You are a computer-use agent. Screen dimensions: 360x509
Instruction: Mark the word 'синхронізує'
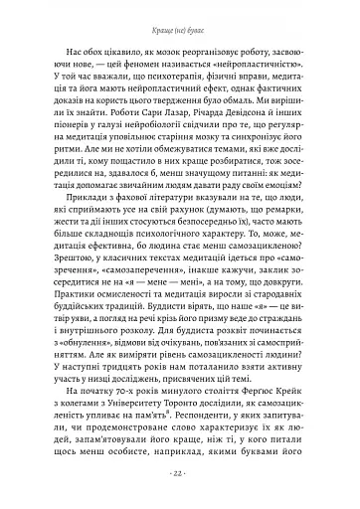pyautogui.click(x=268, y=148)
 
